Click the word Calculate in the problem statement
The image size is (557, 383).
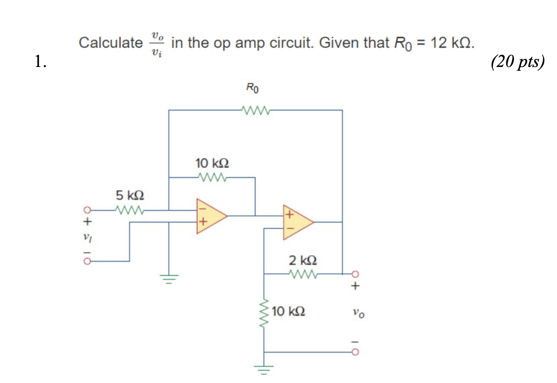tap(111, 43)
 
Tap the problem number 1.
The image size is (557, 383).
tap(41, 63)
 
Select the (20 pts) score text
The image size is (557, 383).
tap(518, 63)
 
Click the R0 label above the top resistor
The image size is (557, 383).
tap(253, 88)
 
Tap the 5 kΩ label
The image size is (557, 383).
tap(130, 196)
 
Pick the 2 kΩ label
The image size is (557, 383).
tap(302, 260)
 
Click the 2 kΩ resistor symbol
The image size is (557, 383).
tap(303, 273)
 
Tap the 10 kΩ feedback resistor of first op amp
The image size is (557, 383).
tap(212, 177)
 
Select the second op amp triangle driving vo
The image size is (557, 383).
tap(296, 222)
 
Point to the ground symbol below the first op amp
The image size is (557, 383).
tap(169, 280)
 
